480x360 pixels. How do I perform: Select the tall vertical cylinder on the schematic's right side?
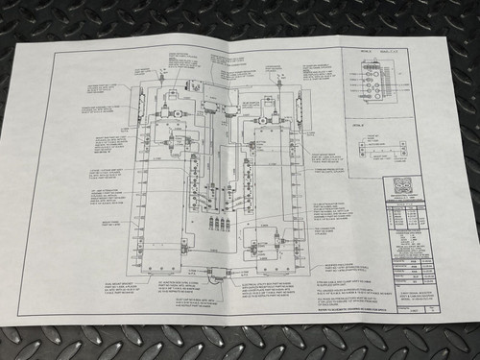coord(300,108)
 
